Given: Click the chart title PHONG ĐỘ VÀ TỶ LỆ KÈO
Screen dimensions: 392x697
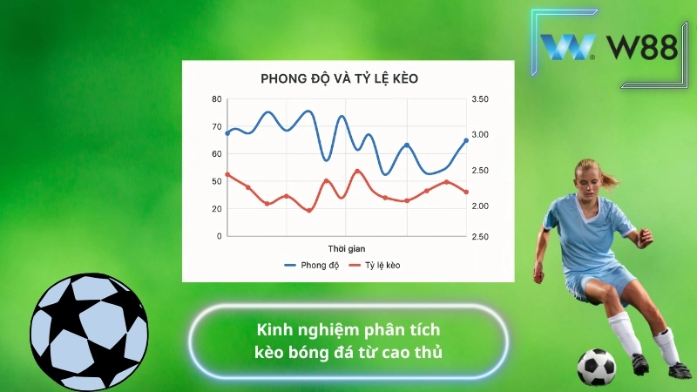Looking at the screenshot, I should click(x=340, y=79).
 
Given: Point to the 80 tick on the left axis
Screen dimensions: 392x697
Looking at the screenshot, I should click(x=217, y=99).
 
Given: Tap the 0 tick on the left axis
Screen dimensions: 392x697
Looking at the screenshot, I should click(x=219, y=236).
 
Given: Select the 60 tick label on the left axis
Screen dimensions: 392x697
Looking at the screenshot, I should click(x=217, y=154).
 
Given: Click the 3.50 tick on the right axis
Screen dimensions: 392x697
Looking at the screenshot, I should click(x=481, y=99).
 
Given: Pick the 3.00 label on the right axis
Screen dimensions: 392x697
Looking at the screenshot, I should click(x=481, y=135).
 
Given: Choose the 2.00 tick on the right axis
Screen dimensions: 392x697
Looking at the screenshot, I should click(x=481, y=206).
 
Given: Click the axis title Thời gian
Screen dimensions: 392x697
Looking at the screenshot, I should click(x=347, y=248).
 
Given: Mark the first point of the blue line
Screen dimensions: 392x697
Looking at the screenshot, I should click(x=227, y=133).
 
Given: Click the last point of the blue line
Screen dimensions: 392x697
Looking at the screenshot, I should click(x=466, y=140).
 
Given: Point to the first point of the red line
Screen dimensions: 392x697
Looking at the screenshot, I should click(x=227, y=174).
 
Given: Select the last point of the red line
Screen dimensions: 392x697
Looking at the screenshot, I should click(x=466, y=192).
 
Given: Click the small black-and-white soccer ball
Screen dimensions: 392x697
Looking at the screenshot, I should click(x=596, y=368).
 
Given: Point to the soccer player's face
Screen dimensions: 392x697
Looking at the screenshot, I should click(x=589, y=180).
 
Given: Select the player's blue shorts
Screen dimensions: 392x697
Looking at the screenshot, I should click(x=601, y=280).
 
